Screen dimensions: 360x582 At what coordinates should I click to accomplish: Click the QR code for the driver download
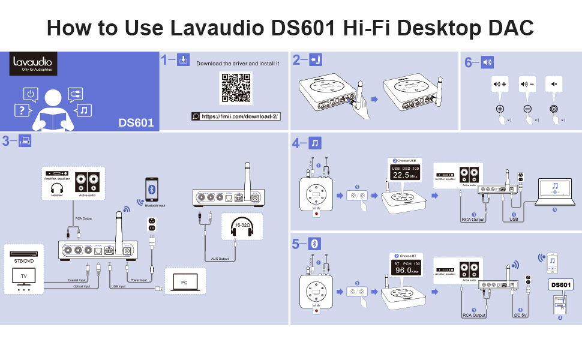[x=236, y=88]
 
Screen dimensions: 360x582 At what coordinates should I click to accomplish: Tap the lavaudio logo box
[x=34, y=64]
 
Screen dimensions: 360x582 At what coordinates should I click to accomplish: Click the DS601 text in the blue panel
[x=136, y=123]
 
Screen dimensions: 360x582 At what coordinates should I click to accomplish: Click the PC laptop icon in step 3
[x=184, y=280]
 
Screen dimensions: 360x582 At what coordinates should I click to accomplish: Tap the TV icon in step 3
[x=24, y=276]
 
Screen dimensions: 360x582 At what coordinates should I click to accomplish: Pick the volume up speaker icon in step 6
[x=499, y=84]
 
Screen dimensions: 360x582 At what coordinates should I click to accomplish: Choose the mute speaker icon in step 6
[x=553, y=84]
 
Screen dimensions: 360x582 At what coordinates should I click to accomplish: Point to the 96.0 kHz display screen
[x=406, y=269]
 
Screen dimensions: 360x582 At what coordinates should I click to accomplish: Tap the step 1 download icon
[x=184, y=60]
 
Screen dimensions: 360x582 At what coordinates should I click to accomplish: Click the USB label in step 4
[x=514, y=219]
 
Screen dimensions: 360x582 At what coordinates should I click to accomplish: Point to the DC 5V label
[x=520, y=314]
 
